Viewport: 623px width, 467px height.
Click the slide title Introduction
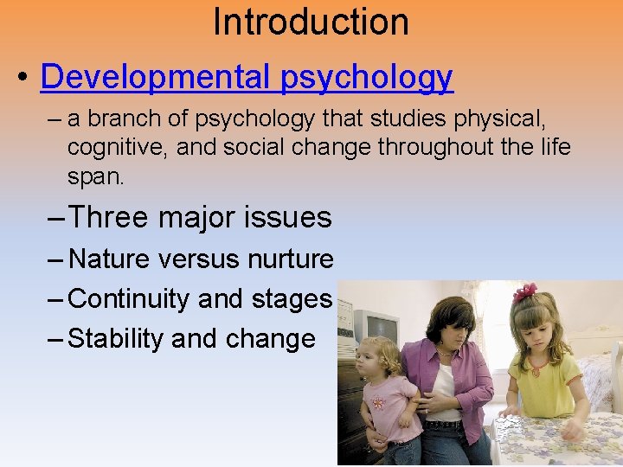311,21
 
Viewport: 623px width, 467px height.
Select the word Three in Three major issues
108,217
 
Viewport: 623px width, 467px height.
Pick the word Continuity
129,299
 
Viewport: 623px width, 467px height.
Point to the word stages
291,299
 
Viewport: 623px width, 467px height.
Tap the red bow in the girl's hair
524,292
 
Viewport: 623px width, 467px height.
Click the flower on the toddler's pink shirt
378,403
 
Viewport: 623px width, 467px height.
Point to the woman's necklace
446,354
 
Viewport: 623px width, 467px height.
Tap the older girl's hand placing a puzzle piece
570,427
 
